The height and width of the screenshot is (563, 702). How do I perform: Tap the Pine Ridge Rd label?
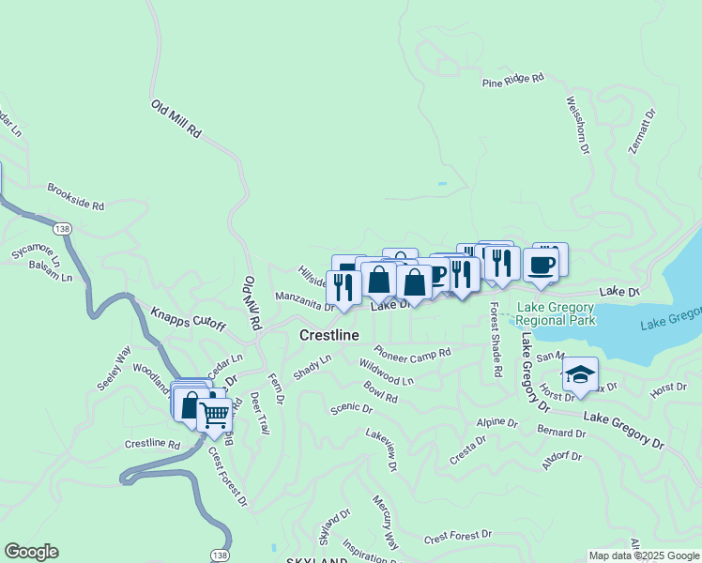pyautogui.click(x=513, y=82)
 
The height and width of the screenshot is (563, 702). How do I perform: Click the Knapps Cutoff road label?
pyautogui.click(x=189, y=317)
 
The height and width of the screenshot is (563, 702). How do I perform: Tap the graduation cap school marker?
pyautogui.click(x=581, y=373)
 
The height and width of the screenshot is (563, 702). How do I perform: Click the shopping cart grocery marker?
pyautogui.click(x=215, y=413)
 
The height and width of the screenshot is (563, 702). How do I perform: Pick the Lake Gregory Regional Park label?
pyautogui.click(x=555, y=313)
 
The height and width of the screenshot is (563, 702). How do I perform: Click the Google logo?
pyautogui.click(x=31, y=552)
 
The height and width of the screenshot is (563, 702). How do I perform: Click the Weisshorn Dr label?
pyautogui.click(x=577, y=124)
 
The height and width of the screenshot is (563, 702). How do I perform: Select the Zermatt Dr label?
pyautogui.click(x=643, y=135)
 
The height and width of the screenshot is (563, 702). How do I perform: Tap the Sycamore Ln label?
pyautogui.click(x=36, y=253)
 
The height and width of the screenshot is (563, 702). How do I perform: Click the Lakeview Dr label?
pyautogui.click(x=381, y=449)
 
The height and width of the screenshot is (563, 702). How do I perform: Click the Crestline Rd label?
pyautogui.click(x=151, y=443)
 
